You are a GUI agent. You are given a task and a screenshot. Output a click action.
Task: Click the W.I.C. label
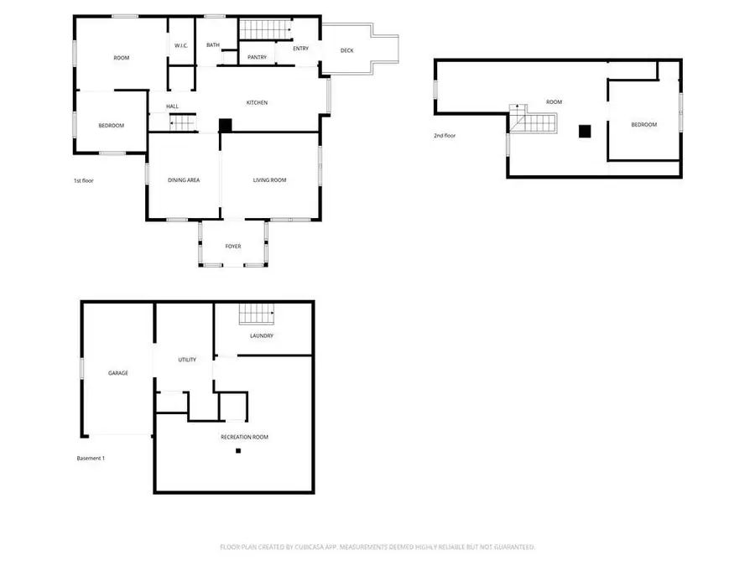(x=180, y=45)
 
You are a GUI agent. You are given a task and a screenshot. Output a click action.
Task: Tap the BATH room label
(x=213, y=45)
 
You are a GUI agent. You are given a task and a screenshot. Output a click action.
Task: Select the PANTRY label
(x=257, y=57)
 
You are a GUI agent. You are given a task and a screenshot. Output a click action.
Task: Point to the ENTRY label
(x=300, y=49)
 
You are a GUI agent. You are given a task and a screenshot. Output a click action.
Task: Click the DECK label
(x=346, y=50)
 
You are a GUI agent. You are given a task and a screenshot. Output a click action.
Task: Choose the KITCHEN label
(x=257, y=102)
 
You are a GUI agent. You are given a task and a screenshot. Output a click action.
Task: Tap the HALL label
(x=172, y=106)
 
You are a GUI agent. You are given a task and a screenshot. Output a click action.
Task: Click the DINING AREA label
(x=183, y=180)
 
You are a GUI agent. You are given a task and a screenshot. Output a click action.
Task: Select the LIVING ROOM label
(x=270, y=180)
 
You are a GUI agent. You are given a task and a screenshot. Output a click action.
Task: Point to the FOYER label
(x=233, y=247)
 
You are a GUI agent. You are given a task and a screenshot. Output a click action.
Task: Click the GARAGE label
(x=117, y=373)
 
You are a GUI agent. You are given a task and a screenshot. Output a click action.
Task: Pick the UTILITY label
(x=187, y=360)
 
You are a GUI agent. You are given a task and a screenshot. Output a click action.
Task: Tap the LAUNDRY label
(x=262, y=336)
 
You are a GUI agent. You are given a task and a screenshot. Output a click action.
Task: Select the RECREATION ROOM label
(x=244, y=437)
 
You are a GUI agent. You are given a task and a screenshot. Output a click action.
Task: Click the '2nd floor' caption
(x=445, y=135)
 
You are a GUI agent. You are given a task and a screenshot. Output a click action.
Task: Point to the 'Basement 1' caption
(x=91, y=458)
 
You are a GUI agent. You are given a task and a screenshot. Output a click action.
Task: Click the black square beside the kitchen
(x=225, y=125)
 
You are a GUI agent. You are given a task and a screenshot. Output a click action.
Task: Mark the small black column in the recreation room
(x=238, y=451)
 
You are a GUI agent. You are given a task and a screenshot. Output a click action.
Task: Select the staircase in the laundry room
(x=257, y=314)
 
